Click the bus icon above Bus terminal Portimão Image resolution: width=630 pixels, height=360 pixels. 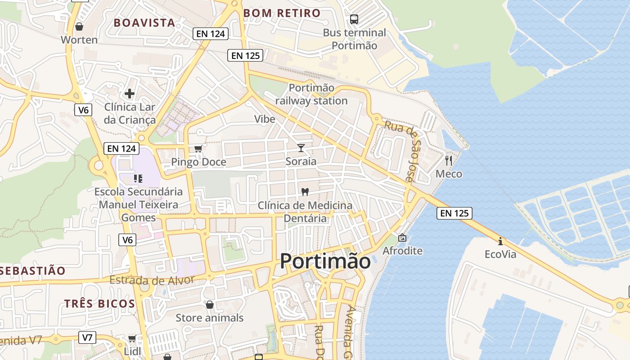[354, 19]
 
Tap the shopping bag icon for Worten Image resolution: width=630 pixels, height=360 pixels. [79, 27]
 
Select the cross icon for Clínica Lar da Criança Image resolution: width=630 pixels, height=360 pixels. [130, 94]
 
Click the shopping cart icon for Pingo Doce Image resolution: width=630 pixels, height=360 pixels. [198, 149]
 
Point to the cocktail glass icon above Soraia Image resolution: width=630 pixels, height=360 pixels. [301, 148]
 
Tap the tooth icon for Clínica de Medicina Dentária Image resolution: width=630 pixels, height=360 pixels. [305, 192]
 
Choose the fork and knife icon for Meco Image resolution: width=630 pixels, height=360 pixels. [448, 160]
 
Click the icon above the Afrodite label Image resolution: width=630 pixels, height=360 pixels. [402, 238]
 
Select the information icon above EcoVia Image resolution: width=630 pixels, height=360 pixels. [500, 241]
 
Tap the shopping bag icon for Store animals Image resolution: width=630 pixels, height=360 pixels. [209, 305]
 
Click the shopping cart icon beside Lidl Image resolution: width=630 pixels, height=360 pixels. [132, 338]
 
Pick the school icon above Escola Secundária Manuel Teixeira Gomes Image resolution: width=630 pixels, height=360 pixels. [138, 179]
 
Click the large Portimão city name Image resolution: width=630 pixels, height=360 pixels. [325, 261]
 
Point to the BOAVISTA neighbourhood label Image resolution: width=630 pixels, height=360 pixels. [144, 23]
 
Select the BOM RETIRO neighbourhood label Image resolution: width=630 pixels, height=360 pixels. [282, 13]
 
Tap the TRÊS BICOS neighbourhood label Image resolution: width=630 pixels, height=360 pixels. [99, 303]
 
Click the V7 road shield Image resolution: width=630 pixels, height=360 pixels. [87, 337]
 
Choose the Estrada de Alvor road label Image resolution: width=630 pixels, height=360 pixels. [152, 280]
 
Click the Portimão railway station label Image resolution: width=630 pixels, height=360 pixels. [311, 94]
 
